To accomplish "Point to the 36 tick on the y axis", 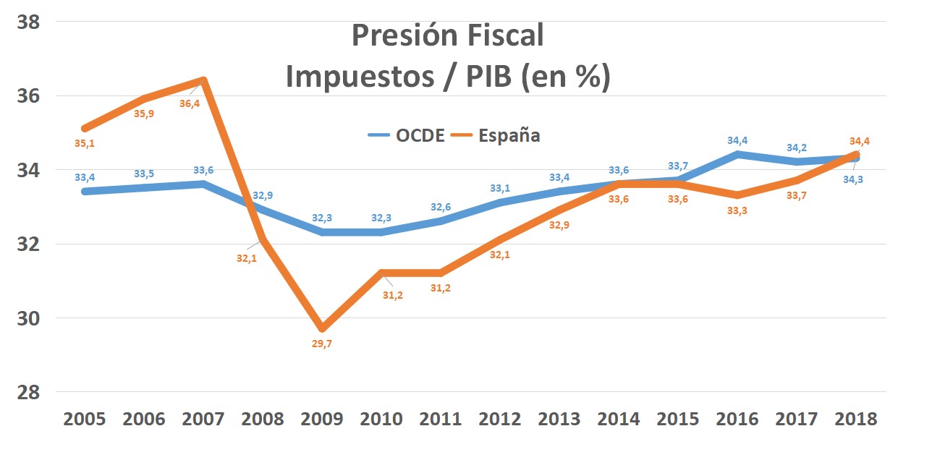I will click(28, 96).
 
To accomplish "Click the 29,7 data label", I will click(322, 344).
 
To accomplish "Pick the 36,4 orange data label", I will click(190, 104).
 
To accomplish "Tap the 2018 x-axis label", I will click(856, 419).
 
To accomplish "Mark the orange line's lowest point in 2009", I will click(322, 328).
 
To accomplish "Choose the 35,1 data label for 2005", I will click(85, 144).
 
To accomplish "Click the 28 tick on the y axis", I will click(28, 392).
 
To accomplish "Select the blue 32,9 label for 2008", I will click(263, 195).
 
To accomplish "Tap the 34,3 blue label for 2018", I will click(852, 180).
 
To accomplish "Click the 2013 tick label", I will click(559, 419).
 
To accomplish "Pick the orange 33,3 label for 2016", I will click(737, 210).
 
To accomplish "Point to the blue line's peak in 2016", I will click(737, 154).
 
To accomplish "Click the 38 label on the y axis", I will click(28, 22).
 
